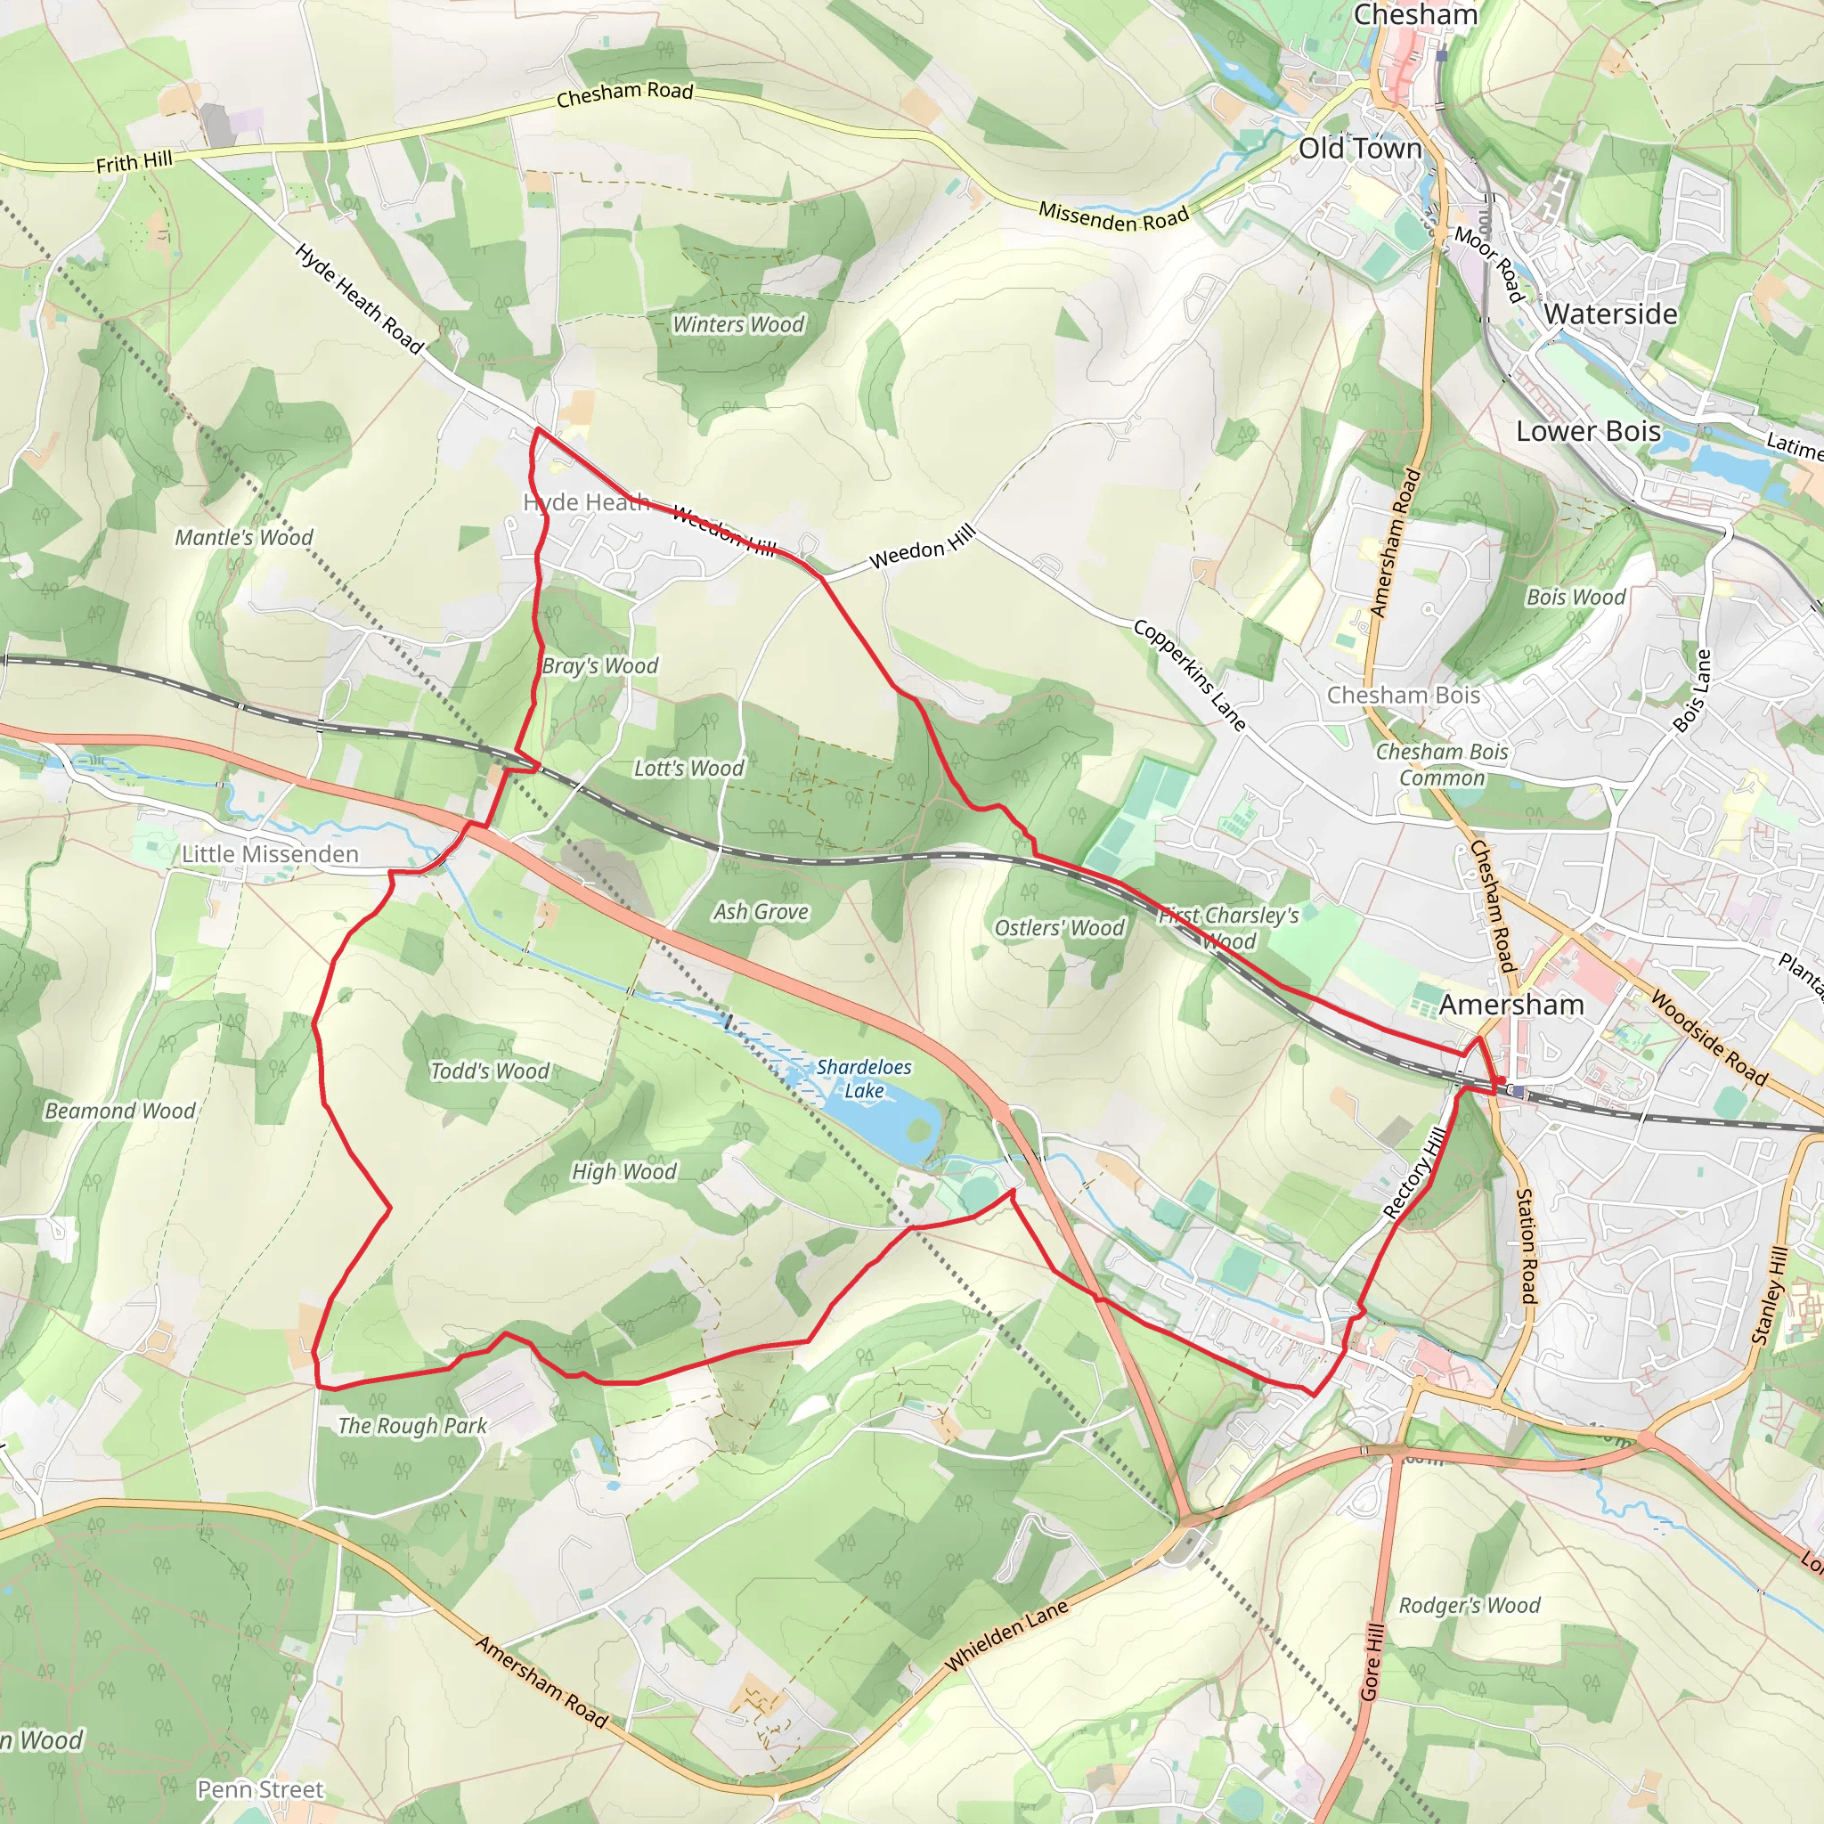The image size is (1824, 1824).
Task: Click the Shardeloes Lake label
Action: [x=863, y=1079]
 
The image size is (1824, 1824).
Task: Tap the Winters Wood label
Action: [x=737, y=325]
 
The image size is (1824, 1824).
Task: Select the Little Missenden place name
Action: [x=270, y=854]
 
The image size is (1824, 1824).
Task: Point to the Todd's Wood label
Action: [x=489, y=1071]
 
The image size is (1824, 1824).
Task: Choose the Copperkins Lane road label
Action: [x=1190, y=675]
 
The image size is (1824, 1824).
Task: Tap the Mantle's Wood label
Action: [x=243, y=537]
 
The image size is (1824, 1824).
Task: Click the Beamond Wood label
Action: [x=120, y=1111]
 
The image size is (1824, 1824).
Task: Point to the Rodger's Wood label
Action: [x=1469, y=1605]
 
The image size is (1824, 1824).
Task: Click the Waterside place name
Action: [x=1610, y=314]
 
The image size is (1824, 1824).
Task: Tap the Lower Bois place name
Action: [x=1588, y=431]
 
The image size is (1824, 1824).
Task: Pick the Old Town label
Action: [x=1359, y=148]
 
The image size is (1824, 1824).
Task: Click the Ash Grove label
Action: [x=760, y=911]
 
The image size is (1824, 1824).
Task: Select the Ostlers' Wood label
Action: [x=1059, y=928]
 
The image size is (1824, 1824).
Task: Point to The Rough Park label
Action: [x=412, y=1426]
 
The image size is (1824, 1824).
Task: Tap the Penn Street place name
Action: [x=260, y=1789]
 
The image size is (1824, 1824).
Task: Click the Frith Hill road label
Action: [x=134, y=162]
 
